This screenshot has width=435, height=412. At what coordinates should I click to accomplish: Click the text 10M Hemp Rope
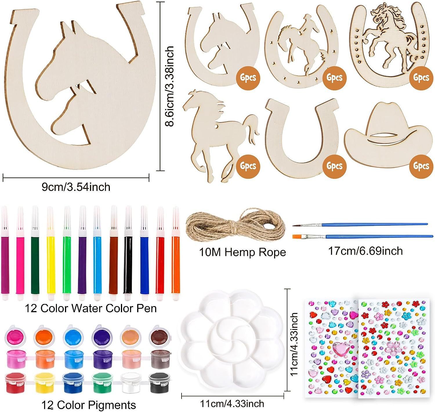(242, 252)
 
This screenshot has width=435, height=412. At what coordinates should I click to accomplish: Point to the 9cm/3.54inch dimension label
(76, 187)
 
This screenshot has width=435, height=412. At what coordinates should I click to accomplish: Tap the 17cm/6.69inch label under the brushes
(365, 251)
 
